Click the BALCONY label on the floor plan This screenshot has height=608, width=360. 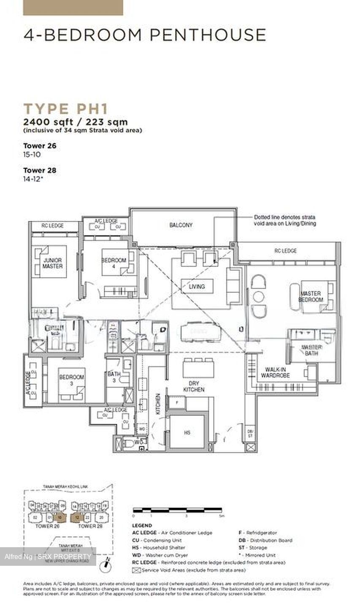coord(181,225)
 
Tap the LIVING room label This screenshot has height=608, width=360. coord(197,286)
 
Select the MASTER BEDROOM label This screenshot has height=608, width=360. coord(311,296)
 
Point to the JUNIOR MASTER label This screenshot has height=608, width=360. coord(52,263)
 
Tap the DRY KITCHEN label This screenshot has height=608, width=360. coord(194,386)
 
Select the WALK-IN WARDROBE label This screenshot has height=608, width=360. coord(275,372)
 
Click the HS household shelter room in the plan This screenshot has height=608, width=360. coord(187,432)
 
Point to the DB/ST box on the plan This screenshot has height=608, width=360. coord(250,433)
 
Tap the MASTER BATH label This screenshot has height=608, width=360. coord(311,350)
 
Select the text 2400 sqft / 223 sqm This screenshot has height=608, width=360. coord(75,122)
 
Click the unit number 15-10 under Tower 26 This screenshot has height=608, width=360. coord(32,155)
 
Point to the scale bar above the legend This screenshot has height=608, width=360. coord(177,510)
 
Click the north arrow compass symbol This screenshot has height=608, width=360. coord(106,562)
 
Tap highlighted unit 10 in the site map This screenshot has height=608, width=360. coord(60,518)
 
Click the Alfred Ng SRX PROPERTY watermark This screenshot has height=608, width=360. coord(48,556)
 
